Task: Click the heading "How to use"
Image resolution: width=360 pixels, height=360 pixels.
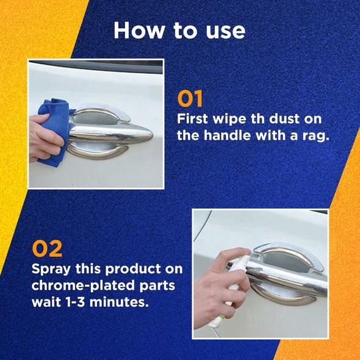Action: pyautogui.click(x=179, y=31)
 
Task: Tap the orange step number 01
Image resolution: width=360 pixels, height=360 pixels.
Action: pyautogui.click(x=190, y=98)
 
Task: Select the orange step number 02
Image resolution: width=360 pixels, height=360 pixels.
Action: pyautogui.click(x=47, y=249)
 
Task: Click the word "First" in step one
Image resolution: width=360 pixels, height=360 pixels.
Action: pyautogui.click(x=192, y=119)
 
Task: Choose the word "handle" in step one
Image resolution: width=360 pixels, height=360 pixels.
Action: pyautogui.click(x=228, y=135)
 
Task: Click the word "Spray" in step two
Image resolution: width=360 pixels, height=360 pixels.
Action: pyautogui.click(x=51, y=269)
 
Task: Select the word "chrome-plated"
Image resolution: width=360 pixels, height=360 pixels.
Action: pyautogui.click(x=83, y=286)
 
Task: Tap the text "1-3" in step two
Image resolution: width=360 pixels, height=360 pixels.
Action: pyautogui.click(x=74, y=302)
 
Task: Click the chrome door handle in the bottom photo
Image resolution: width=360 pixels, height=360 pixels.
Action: pyautogui.click(x=287, y=275)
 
